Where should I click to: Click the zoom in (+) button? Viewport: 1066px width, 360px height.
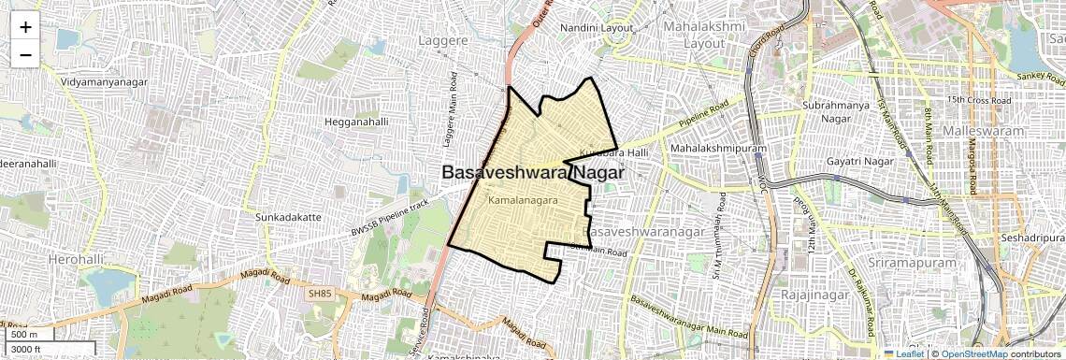click(x=25, y=27)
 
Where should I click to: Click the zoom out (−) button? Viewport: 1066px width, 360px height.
click(x=25, y=55)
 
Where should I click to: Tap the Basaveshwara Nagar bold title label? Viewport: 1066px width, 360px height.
click(x=532, y=173)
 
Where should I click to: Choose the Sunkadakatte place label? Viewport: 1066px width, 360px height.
click(x=288, y=217)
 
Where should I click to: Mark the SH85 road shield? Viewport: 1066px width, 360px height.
click(x=320, y=294)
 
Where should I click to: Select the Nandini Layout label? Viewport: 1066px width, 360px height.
click(x=597, y=28)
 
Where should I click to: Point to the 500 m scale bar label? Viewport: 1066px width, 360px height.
click(x=23, y=335)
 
